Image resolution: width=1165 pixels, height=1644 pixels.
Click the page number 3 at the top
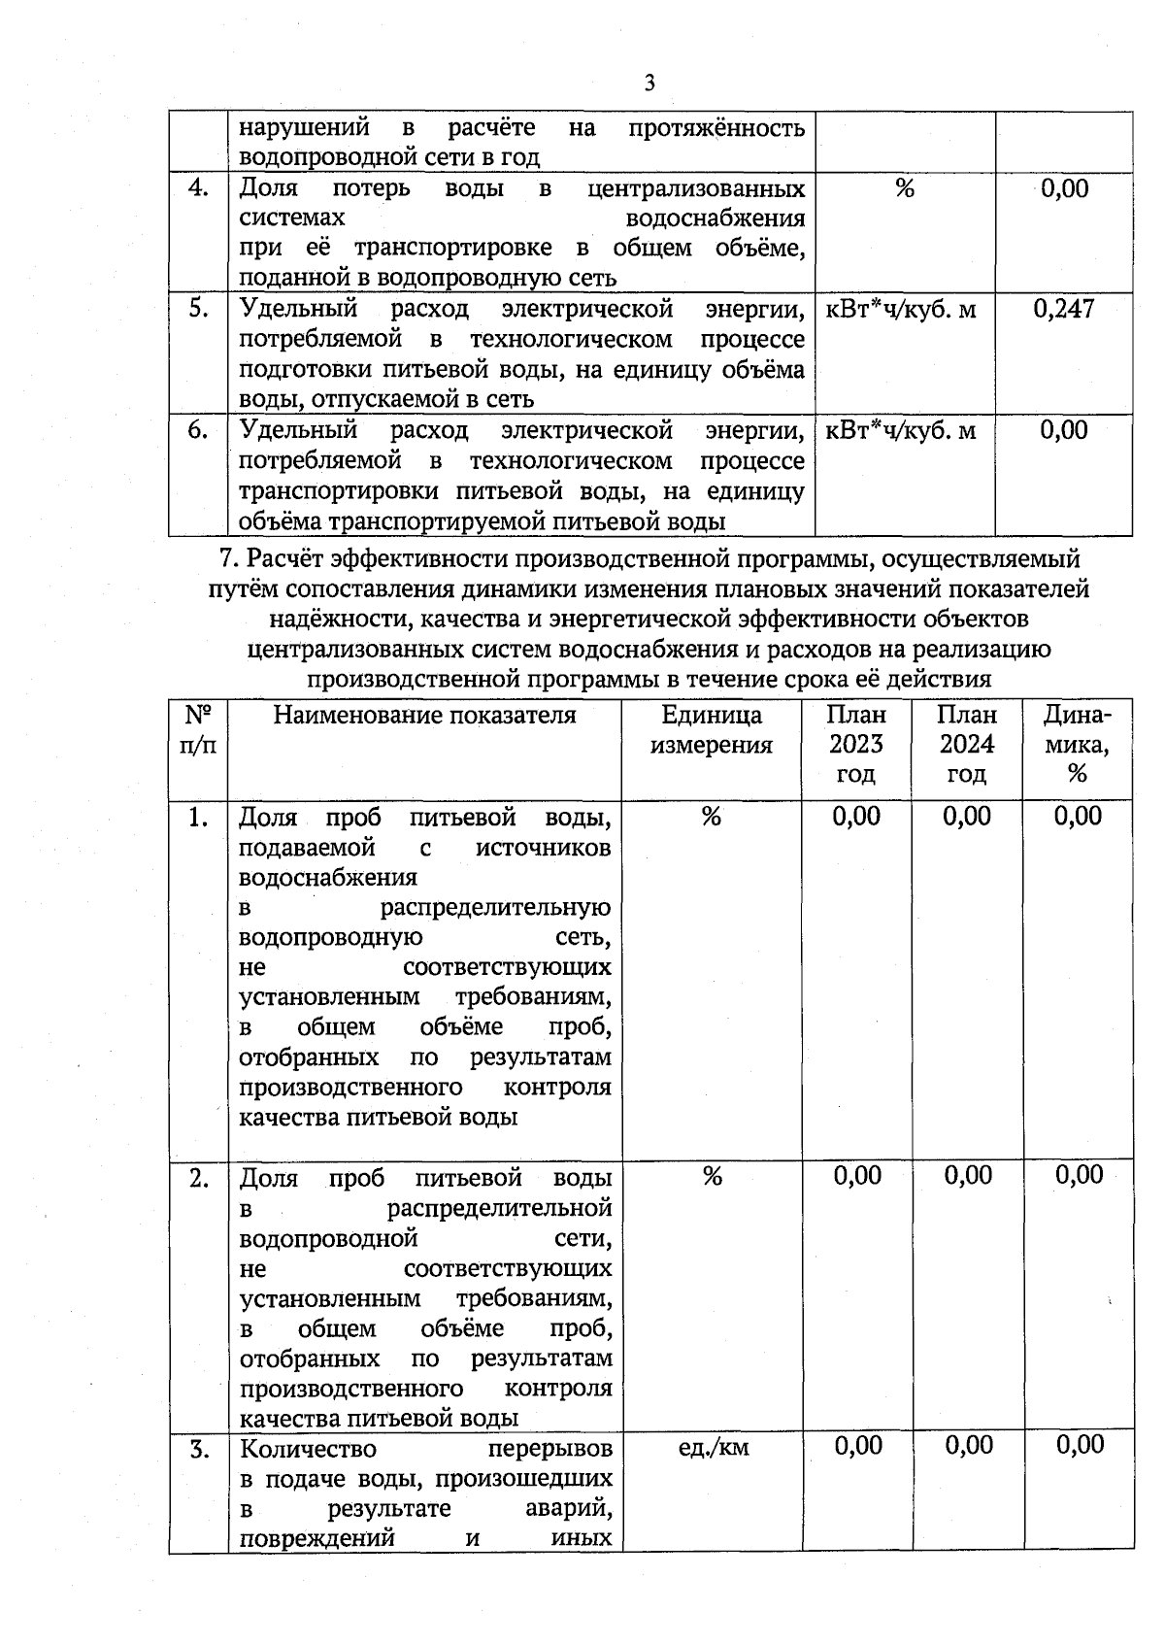coord(649,84)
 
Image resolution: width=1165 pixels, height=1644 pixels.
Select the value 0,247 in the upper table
coord(1064,309)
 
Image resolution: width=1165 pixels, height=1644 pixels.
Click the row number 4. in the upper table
coord(199,188)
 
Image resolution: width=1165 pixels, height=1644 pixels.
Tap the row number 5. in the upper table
coord(199,309)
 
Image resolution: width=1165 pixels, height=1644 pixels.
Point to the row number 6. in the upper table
coord(199,430)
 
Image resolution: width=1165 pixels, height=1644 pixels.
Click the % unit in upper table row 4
coord(905,188)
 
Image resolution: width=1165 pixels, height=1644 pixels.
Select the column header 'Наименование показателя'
coord(424,716)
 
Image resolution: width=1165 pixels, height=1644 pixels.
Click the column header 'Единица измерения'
coord(712,730)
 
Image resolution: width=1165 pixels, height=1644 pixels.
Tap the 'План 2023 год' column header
coord(856,745)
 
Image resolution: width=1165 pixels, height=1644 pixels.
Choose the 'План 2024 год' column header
coord(967,745)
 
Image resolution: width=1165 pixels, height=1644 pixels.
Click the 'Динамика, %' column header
coord(1077,745)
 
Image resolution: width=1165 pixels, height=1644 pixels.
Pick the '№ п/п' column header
coord(199,730)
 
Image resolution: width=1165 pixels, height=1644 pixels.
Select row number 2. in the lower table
coord(199,1179)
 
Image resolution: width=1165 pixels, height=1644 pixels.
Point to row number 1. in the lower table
coord(199,819)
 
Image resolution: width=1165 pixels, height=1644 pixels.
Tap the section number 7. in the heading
coord(230,559)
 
